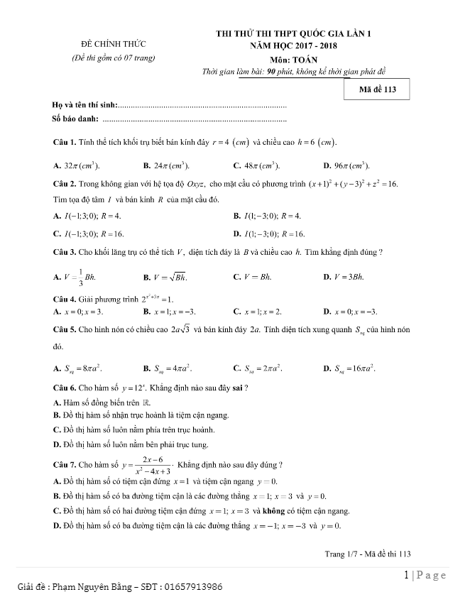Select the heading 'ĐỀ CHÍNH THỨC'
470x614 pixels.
point(114,44)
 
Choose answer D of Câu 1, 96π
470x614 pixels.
point(346,165)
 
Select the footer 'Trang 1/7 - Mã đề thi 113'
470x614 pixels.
point(368,552)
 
